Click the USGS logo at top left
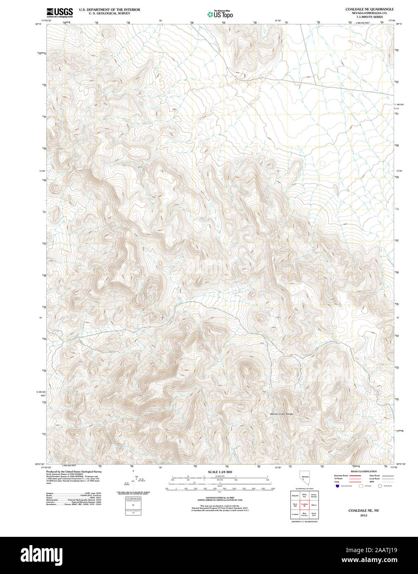click(59, 12)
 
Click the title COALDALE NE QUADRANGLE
click(363, 9)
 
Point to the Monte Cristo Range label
click(281, 414)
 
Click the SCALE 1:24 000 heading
click(220, 472)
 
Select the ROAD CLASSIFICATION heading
click(363, 472)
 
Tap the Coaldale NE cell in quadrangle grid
click(304, 505)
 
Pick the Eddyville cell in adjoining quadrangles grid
click(295, 496)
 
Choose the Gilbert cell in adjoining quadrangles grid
click(314, 505)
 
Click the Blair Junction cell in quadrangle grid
click(304, 515)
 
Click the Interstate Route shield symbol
click(337, 486)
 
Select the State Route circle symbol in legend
click(380, 486)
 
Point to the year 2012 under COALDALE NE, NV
click(363, 515)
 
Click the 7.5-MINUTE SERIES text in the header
click(363, 17)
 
